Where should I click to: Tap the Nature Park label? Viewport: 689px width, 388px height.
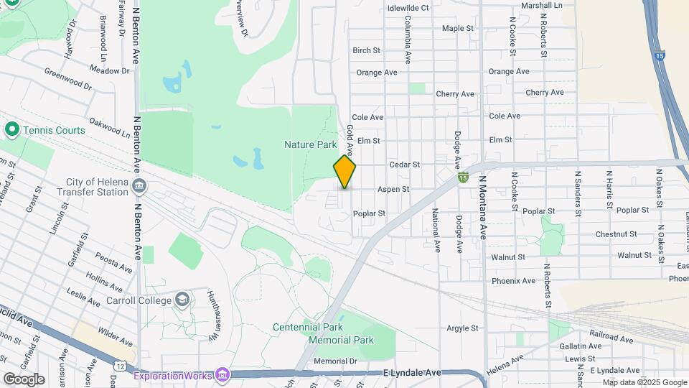pos(310,144)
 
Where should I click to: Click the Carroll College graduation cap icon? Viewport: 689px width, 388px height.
pos(183,299)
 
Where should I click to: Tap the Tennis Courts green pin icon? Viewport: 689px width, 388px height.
pos(11,130)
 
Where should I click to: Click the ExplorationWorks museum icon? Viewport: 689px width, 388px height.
pos(222,375)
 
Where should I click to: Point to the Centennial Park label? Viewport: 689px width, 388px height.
pos(308,327)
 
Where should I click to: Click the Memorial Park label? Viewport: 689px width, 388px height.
pos(342,339)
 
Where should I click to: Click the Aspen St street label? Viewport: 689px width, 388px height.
pos(393,190)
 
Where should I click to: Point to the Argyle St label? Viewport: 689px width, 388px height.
pos(462,328)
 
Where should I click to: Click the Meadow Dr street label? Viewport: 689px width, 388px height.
pos(110,70)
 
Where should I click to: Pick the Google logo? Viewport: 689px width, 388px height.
pos(24,379)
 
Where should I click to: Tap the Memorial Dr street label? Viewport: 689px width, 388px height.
pos(335,361)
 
